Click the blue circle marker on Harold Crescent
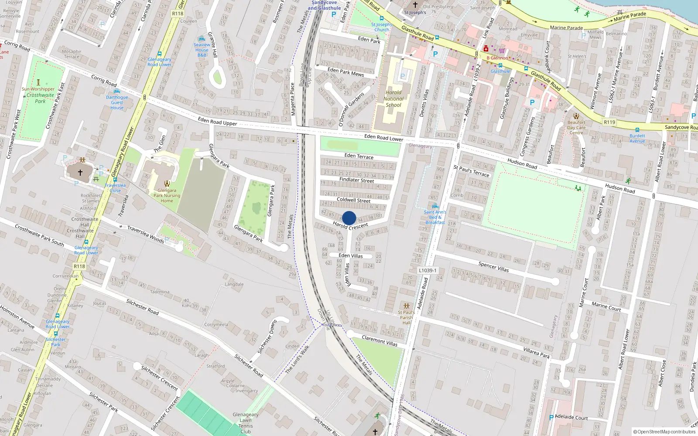(x=349, y=218)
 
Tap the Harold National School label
(x=393, y=99)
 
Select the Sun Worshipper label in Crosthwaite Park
(x=38, y=89)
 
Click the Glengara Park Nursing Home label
(x=167, y=195)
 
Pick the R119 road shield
(x=609, y=122)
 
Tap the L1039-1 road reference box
(x=428, y=270)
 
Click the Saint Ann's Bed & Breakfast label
(x=435, y=217)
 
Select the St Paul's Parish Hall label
(x=407, y=317)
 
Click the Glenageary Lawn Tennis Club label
(x=246, y=423)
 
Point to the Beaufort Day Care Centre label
(x=576, y=127)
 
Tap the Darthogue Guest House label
(x=117, y=102)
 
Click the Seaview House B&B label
(x=202, y=50)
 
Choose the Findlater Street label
(x=356, y=180)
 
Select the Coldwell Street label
(x=353, y=200)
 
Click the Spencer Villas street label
(x=493, y=267)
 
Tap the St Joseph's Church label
(x=382, y=27)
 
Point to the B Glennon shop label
(x=497, y=58)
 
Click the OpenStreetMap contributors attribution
(x=664, y=432)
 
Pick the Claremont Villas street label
(x=380, y=341)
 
